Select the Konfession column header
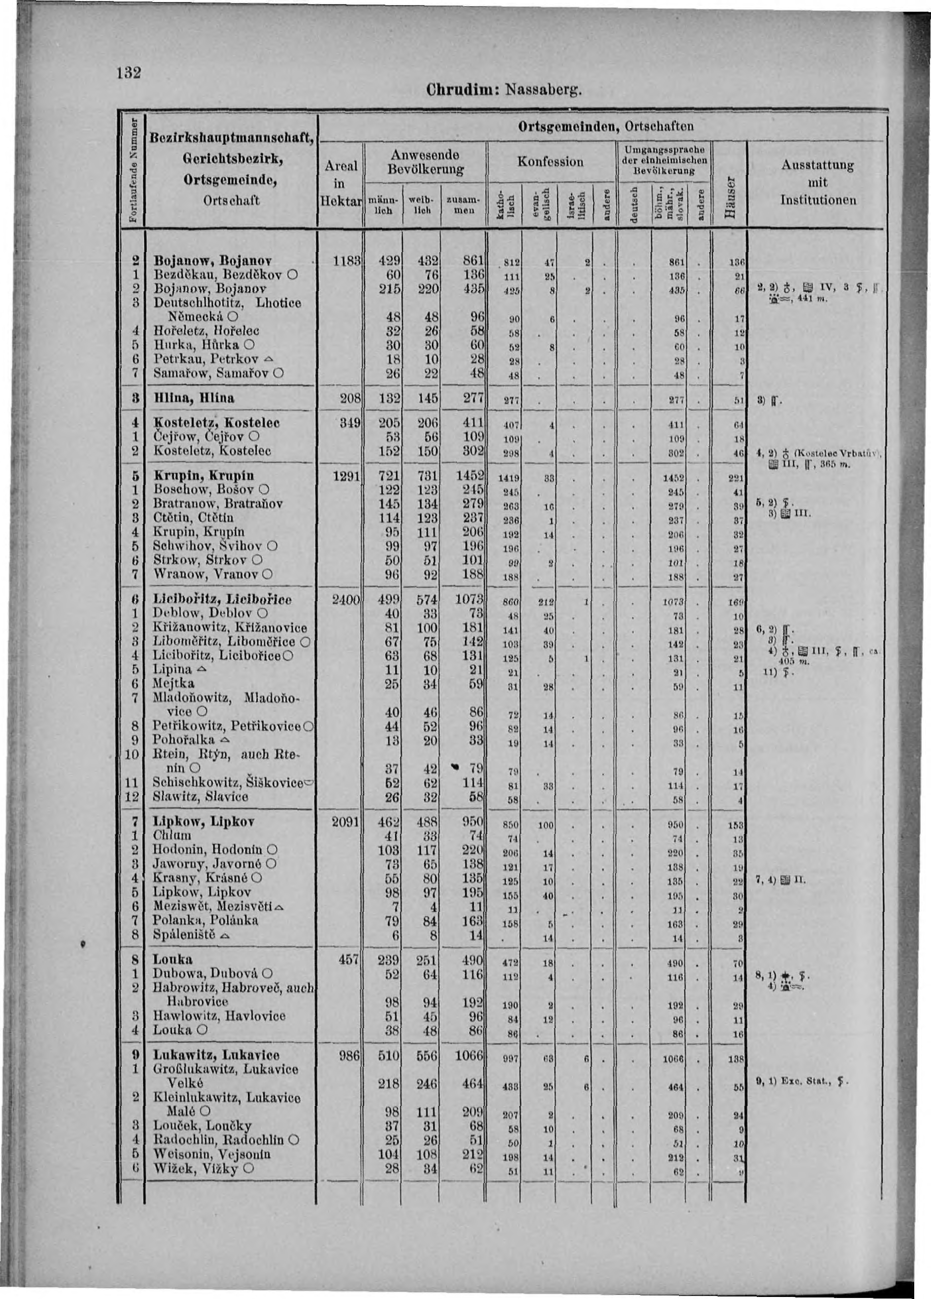[x=550, y=162]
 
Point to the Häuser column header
[x=729, y=198]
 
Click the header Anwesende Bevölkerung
[x=424, y=162]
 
